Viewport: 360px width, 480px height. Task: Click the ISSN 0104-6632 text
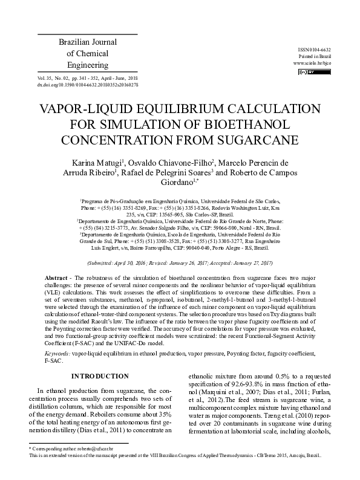click(315, 49)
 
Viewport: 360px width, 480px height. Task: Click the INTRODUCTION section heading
click(100, 376)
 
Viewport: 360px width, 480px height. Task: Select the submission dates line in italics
click(180, 264)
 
